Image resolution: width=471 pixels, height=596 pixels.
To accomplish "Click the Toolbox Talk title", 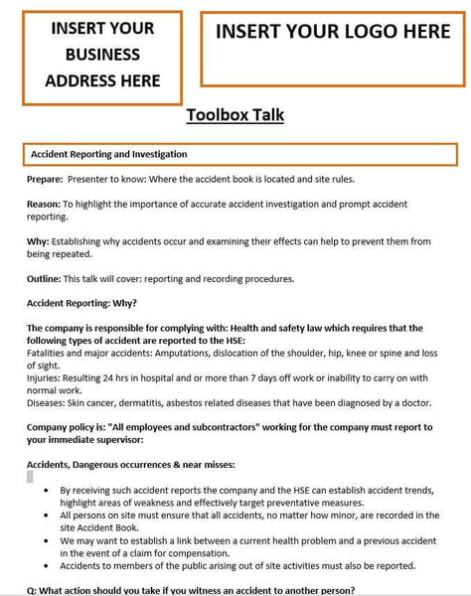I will click(235, 115).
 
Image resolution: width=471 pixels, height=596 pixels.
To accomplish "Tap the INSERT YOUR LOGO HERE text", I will click(333, 32).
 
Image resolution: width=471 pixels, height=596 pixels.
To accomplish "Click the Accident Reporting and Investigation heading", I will click(108, 155).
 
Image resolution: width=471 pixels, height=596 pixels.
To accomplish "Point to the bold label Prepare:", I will click(45, 180).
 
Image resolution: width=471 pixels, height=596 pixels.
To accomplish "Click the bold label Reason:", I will click(44, 205).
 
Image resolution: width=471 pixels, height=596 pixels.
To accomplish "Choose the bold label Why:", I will click(37, 241).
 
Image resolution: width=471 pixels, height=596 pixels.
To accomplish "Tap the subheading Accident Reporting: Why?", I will click(81, 303).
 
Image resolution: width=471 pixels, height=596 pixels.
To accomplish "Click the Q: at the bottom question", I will click(32, 590).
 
